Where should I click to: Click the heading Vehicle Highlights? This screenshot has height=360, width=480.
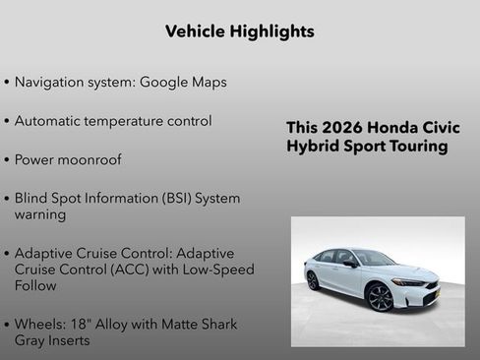(240, 31)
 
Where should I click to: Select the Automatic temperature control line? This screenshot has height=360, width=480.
(113, 121)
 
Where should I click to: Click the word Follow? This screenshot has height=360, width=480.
(35, 285)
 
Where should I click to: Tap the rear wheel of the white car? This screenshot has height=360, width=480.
(314, 280)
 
